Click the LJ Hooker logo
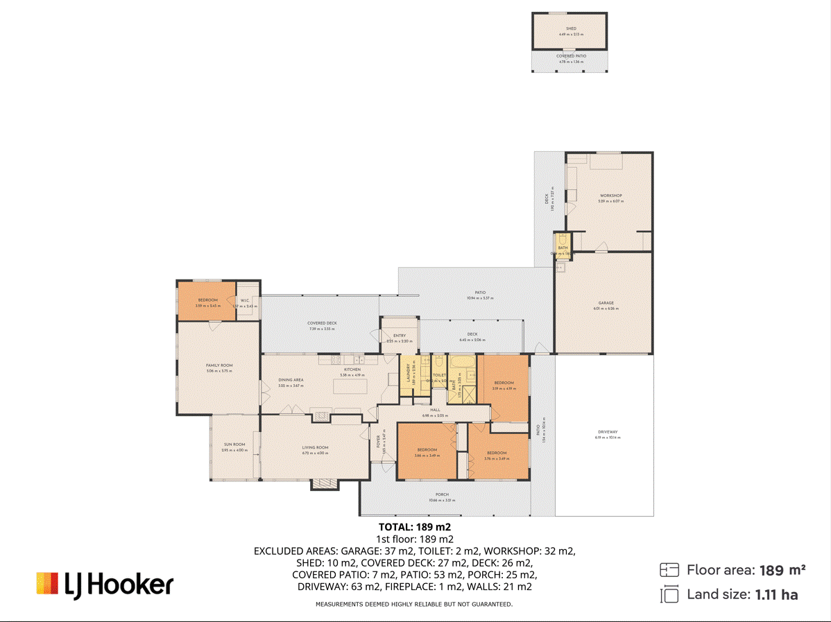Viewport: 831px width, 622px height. (x=104, y=584)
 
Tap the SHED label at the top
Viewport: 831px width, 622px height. (x=571, y=29)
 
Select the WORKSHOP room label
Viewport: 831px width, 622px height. (x=611, y=196)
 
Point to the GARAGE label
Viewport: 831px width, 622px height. (x=606, y=303)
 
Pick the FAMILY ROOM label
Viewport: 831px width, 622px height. (x=219, y=365)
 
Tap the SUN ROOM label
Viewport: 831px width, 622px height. (x=234, y=444)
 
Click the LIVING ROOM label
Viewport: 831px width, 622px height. (x=315, y=448)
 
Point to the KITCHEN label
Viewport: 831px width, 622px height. (x=352, y=370)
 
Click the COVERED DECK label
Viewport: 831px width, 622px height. (x=322, y=323)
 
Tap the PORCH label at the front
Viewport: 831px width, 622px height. (x=443, y=494)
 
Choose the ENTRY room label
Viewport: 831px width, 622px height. (x=399, y=336)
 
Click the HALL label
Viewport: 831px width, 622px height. (x=435, y=410)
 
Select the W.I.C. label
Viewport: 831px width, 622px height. (x=245, y=300)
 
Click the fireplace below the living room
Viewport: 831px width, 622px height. (x=324, y=484)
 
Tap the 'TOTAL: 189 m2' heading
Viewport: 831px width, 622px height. (x=415, y=528)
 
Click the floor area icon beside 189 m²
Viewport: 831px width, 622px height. (x=669, y=570)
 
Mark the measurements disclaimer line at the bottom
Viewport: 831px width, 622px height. (x=414, y=605)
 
